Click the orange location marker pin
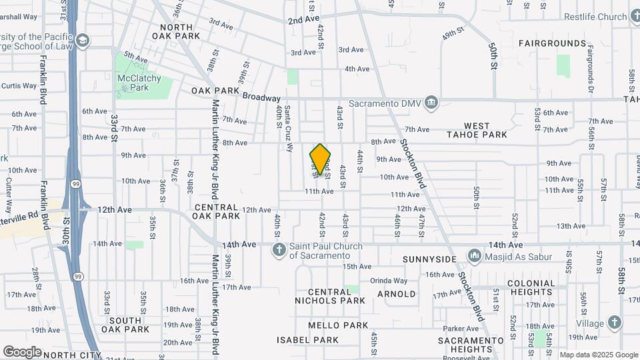(320, 159)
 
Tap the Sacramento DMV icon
(431, 102)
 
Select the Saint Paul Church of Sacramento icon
(280, 250)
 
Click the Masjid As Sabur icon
(474, 255)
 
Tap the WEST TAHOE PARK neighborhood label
(486, 130)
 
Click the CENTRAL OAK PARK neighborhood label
(216, 211)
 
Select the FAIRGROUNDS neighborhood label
(553, 43)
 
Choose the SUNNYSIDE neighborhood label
(430, 259)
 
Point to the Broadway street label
(261, 97)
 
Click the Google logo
(22, 351)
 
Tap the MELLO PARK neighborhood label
(338, 325)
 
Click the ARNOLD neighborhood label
(397, 293)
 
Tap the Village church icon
(614, 323)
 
